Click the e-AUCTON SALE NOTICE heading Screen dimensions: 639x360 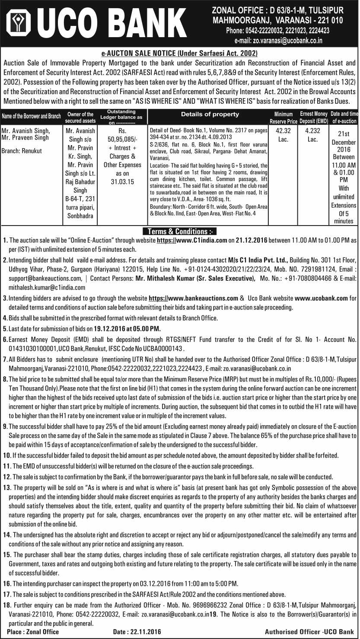pyautogui.click(x=179, y=54)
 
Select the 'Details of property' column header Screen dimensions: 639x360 pyautogui.click(x=210, y=114)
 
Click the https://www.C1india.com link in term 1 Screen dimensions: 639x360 pyautogui.click(x=192, y=240)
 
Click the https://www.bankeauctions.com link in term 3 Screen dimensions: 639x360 pyautogui.click(x=193, y=298)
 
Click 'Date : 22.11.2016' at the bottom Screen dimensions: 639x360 pyautogui.click(x=137, y=632)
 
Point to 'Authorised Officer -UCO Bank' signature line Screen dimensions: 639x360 pyautogui.click(x=309, y=632)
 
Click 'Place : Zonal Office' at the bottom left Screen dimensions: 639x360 pyautogui.click(x=33, y=632)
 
